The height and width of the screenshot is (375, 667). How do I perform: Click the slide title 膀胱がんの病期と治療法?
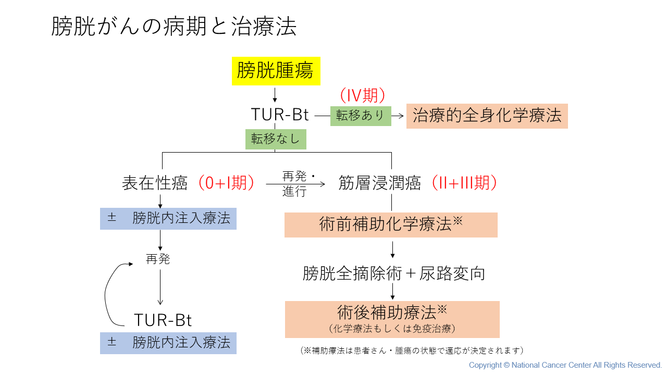pyautogui.click(x=174, y=26)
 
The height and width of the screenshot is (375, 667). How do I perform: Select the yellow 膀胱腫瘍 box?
pyautogui.click(x=276, y=71)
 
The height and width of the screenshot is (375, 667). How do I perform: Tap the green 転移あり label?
pyautogui.click(x=361, y=116)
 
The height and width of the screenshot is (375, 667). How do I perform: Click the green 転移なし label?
pyautogui.click(x=276, y=139)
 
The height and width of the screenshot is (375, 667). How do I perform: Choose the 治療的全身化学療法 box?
pyautogui.click(x=487, y=116)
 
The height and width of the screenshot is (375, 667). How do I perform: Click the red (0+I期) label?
pyautogui.click(x=226, y=183)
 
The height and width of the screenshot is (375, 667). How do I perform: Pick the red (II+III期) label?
pyautogui.click(x=464, y=183)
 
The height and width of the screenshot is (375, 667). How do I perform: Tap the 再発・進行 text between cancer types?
pyautogui.click(x=295, y=184)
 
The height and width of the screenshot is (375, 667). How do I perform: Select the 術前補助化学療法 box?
pyautogui.click(x=391, y=224)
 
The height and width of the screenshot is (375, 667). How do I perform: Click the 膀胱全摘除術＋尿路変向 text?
pyautogui.click(x=394, y=273)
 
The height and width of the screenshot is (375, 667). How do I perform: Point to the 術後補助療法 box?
pyautogui.click(x=392, y=319)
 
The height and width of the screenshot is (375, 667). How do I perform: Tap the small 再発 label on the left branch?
pyautogui.click(x=158, y=259)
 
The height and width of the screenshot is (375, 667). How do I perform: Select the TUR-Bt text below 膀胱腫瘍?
pyautogui.click(x=280, y=115)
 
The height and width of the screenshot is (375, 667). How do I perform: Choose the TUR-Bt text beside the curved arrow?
pyautogui.click(x=163, y=320)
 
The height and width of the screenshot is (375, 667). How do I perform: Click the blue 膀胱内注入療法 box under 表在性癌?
pyautogui.click(x=168, y=218)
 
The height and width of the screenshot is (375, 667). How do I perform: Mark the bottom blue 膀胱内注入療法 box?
pyautogui.click(x=168, y=343)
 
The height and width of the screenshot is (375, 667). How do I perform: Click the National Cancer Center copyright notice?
pyautogui.click(x=565, y=365)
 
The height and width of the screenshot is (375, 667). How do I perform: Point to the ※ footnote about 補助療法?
pyautogui.click(x=412, y=351)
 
